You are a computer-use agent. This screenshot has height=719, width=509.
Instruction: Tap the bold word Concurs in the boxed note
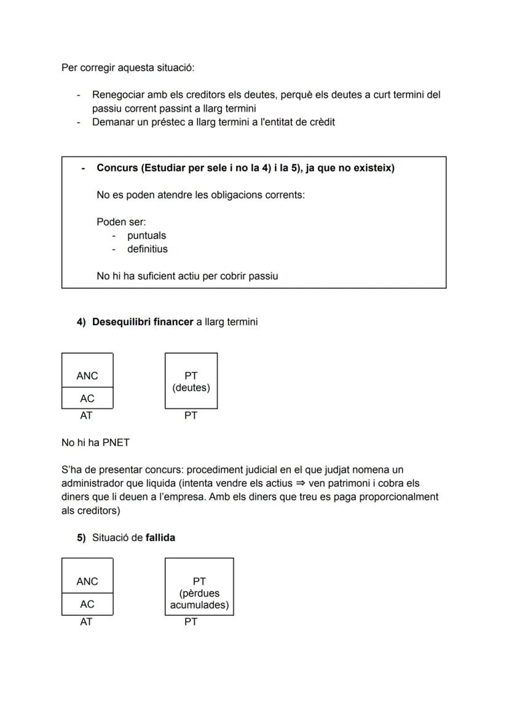point(116,168)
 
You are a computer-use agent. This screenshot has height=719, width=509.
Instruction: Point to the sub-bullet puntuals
point(146,236)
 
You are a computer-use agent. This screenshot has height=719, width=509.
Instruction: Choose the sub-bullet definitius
point(147,249)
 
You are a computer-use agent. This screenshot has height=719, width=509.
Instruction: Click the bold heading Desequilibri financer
point(143,322)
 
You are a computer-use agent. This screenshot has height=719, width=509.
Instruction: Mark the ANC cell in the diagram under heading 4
point(87,376)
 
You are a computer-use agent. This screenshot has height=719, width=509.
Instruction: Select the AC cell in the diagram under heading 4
point(87,399)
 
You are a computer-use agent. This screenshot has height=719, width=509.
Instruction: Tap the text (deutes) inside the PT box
point(191,388)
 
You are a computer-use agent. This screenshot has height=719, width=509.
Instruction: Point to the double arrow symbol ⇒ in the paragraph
point(300,483)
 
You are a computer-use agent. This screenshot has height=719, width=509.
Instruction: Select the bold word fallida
point(160,538)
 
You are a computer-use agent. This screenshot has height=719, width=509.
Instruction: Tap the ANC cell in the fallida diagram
point(87,581)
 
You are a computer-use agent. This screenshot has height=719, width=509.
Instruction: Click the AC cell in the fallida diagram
point(87,605)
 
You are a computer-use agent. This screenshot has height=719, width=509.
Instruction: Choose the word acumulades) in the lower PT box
point(199,605)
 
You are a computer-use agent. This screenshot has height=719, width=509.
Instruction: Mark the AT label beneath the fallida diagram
point(86,622)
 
